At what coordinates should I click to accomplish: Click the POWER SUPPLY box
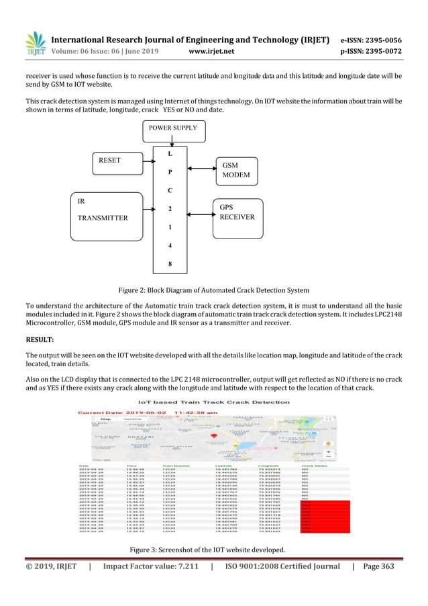tap(172, 128)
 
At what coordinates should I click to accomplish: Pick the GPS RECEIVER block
tap(235, 217)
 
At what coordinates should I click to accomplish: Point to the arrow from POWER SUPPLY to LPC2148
tap(172, 140)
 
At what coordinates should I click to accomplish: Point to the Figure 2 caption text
tap(213, 290)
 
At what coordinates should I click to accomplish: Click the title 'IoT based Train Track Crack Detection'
tap(213, 402)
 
